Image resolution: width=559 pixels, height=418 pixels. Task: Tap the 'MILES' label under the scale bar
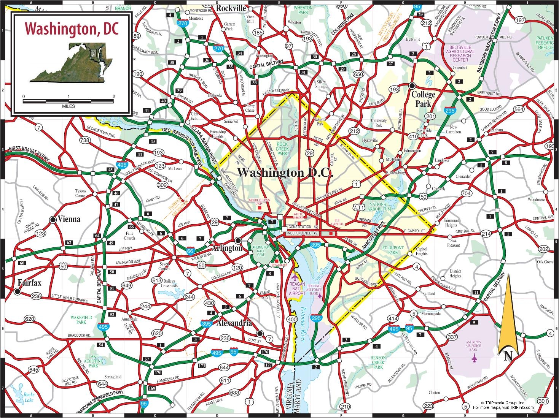pos(68,106)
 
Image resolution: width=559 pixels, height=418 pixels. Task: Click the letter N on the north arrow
pos(508,356)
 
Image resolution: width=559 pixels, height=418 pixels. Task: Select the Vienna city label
pos(69,219)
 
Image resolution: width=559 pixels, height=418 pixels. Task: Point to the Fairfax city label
pos(29,283)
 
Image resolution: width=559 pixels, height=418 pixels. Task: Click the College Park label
pos(423,99)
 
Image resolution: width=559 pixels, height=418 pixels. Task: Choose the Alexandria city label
pos(234,323)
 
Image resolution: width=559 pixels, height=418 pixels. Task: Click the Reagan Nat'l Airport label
pos(297,288)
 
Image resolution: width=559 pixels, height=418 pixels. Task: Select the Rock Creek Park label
pos(282,149)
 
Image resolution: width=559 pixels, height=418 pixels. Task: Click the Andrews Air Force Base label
pos(474,346)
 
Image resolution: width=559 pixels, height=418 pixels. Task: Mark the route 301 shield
pos(543,401)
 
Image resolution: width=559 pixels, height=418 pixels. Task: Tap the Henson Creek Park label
pos(378,363)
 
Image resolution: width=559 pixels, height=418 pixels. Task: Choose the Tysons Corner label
pos(80,193)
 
